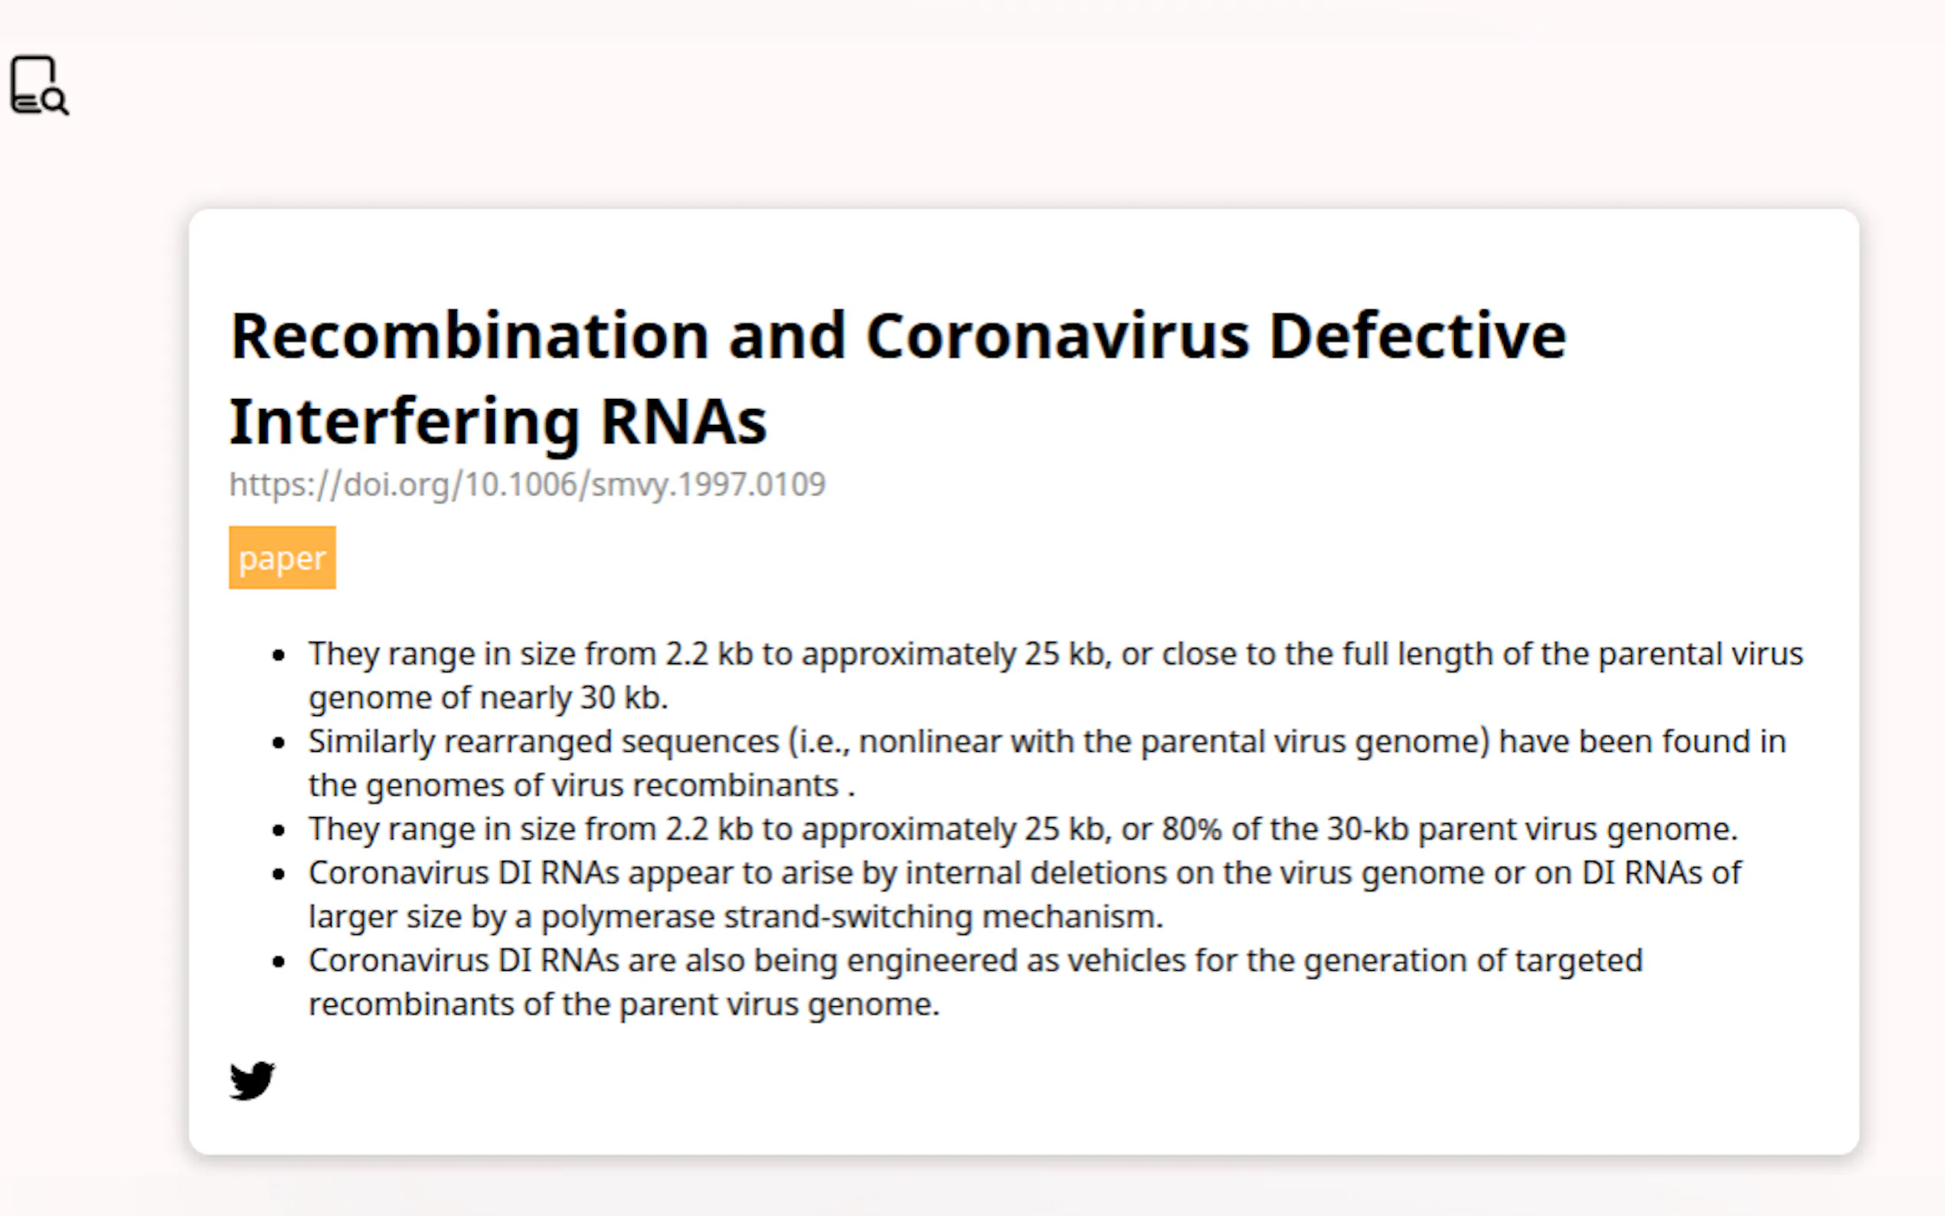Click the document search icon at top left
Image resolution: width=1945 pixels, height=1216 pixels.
point(39,85)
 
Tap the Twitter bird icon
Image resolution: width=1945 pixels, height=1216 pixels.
point(252,1080)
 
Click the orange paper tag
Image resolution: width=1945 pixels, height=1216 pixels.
point(283,557)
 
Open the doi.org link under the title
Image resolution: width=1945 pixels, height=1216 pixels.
point(528,484)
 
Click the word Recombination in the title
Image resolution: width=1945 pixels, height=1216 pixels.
point(469,336)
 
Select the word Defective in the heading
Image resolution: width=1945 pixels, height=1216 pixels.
point(1417,336)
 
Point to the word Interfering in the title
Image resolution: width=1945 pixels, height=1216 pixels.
point(404,422)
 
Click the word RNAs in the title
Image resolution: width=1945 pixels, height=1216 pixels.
point(684,422)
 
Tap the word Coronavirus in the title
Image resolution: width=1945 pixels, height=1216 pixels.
point(1057,336)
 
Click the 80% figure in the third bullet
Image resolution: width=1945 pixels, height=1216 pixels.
point(1192,829)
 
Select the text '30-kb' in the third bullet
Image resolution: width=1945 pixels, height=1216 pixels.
point(1368,829)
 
